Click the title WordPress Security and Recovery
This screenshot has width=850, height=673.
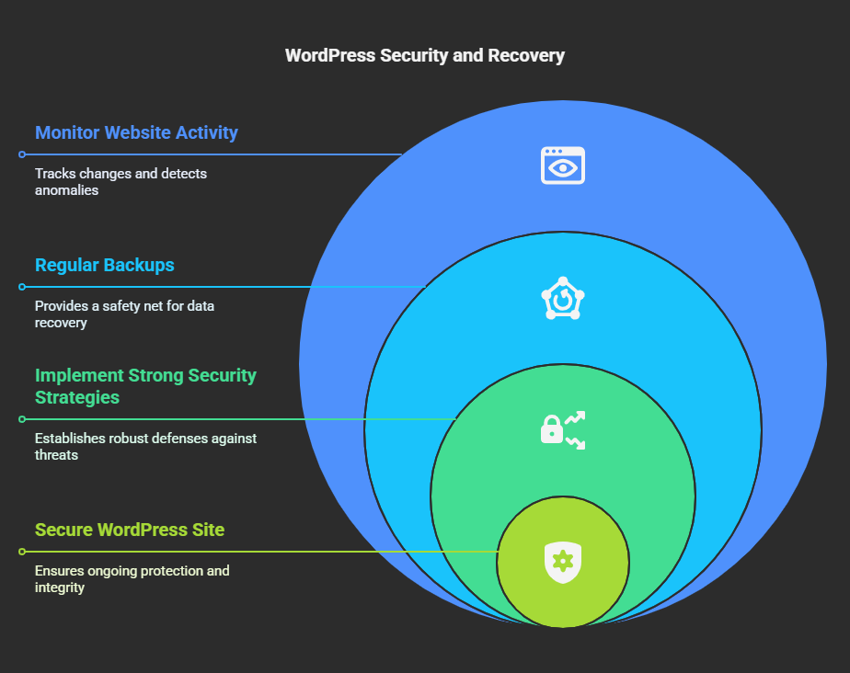click(425, 56)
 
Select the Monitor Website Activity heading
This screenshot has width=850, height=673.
click(136, 132)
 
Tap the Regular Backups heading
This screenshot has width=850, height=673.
click(105, 266)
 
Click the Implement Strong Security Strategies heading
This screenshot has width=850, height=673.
click(146, 386)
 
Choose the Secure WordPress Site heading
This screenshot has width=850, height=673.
click(130, 530)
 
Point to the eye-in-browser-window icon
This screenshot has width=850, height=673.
click(563, 165)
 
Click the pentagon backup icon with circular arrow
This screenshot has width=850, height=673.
click(563, 298)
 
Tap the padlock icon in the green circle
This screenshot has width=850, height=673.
click(552, 429)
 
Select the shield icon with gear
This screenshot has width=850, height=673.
click(563, 563)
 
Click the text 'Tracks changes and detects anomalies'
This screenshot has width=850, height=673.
click(121, 182)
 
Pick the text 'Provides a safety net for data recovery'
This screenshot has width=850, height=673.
click(125, 314)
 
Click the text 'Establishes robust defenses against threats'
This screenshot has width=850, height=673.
click(146, 447)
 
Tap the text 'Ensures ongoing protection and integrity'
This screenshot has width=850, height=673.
click(132, 578)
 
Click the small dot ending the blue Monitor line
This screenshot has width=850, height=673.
click(22, 154)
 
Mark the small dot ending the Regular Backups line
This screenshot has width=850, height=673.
click(22, 287)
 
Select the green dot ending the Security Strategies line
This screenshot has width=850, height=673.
click(22, 419)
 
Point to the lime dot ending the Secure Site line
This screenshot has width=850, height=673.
click(22, 552)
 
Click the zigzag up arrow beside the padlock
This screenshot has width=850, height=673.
click(575, 417)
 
